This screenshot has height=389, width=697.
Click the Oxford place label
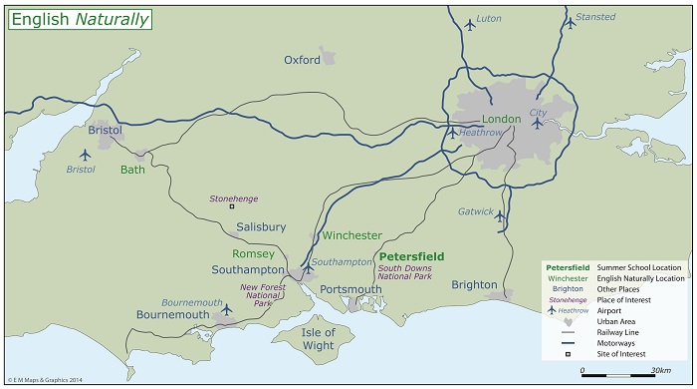tap(302, 60)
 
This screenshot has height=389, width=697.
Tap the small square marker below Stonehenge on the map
tap(232, 207)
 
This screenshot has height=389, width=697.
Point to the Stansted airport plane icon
tap(570, 23)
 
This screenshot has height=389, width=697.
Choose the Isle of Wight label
tap(319, 339)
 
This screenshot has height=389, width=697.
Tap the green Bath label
tap(132, 170)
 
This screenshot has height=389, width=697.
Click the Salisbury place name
tap(261, 227)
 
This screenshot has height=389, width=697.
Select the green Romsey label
tap(253, 254)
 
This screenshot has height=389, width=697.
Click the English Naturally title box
tap(80, 18)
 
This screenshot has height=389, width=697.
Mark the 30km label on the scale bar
tap(660, 371)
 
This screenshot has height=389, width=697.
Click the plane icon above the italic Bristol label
tap(85, 155)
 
